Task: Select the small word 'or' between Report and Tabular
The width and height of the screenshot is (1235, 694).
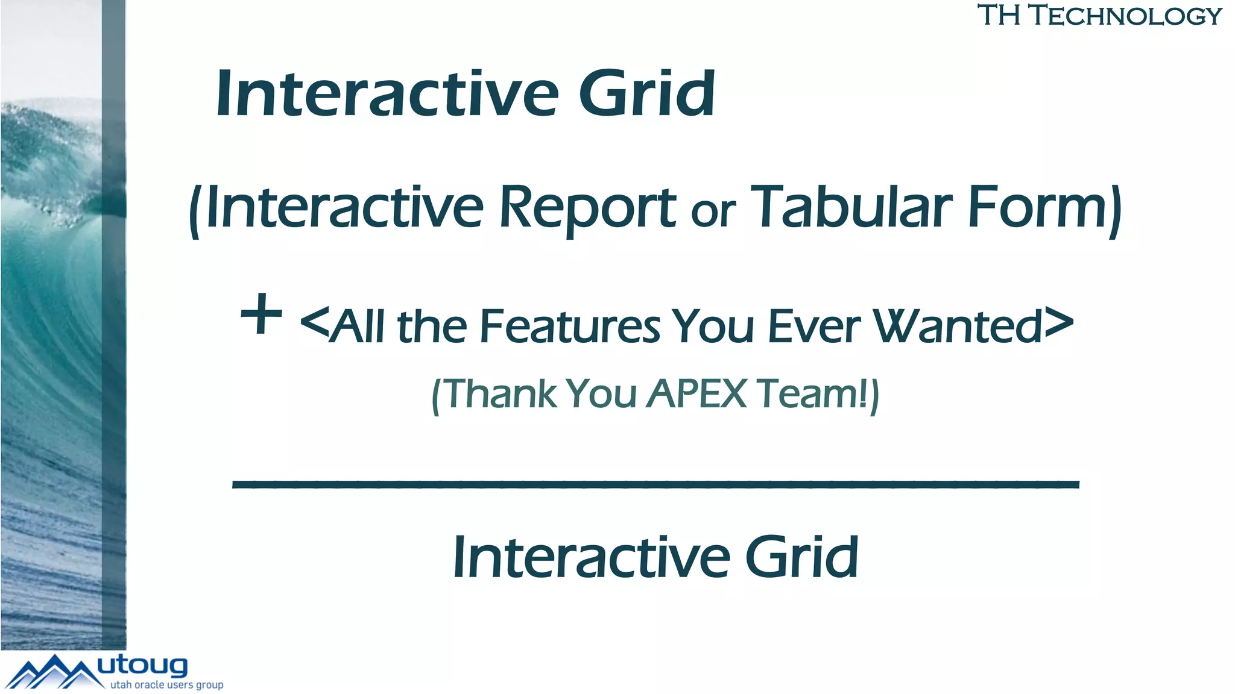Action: click(713, 211)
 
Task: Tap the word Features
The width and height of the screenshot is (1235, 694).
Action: click(570, 327)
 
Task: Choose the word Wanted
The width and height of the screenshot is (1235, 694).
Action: click(958, 327)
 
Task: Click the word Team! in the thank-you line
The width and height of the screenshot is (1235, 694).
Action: click(812, 394)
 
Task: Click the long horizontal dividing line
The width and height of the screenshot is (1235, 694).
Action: click(655, 484)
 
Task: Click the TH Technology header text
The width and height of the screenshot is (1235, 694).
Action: click(1099, 16)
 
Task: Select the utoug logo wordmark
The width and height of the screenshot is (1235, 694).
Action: click(142, 666)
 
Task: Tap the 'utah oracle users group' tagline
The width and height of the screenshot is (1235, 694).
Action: click(166, 685)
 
